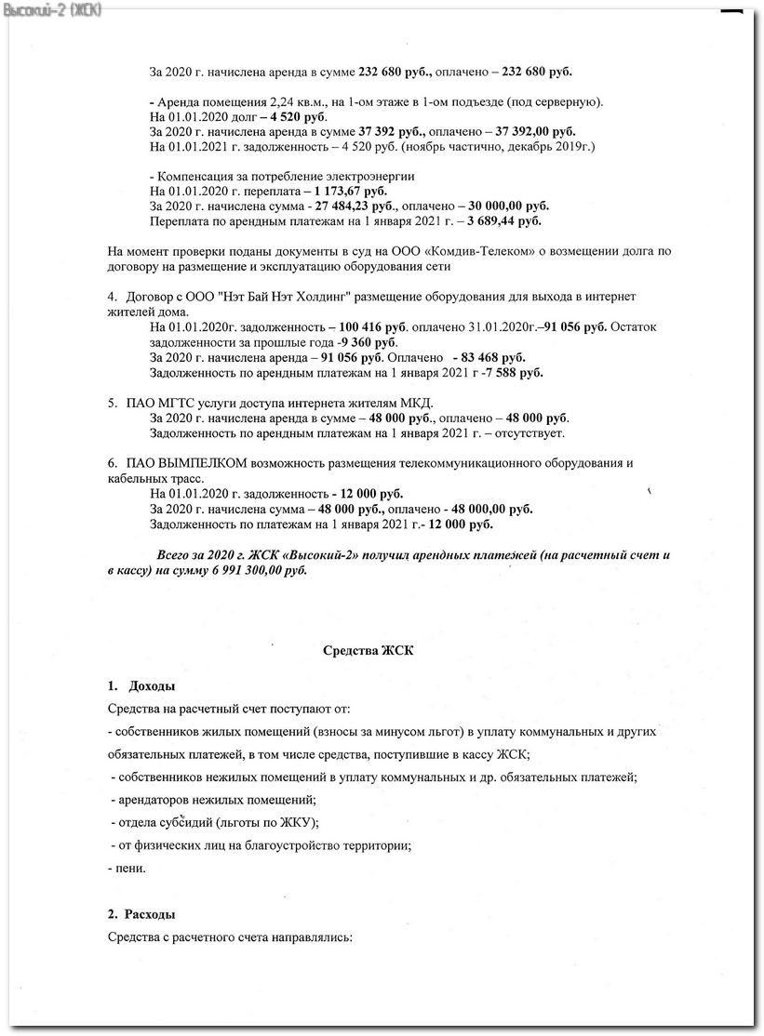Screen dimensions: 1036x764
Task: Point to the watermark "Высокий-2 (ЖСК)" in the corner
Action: coord(52,9)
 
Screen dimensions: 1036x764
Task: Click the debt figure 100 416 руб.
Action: coord(369,327)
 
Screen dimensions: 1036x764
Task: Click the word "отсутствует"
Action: coord(531,433)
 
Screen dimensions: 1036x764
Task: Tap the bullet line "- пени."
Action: coord(127,869)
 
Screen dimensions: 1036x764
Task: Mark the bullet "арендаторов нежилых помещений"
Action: coord(217,800)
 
